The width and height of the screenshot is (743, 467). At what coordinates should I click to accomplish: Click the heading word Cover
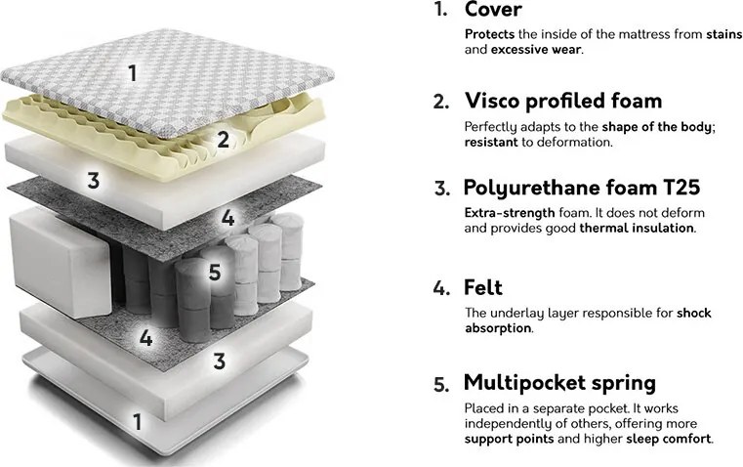pyautogui.click(x=493, y=10)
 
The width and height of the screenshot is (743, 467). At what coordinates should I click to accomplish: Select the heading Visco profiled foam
pyautogui.click(x=563, y=101)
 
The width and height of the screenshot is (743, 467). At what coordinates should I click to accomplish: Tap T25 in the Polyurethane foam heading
pyautogui.click(x=681, y=188)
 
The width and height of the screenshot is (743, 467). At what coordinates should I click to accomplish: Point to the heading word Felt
pyautogui.click(x=483, y=287)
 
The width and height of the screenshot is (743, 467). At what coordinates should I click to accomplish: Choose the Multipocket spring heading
pyautogui.click(x=559, y=384)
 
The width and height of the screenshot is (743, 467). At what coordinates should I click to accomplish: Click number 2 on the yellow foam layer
pyautogui.click(x=224, y=140)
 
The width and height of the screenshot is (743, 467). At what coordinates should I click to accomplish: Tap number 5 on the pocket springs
pyautogui.click(x=215, y=273)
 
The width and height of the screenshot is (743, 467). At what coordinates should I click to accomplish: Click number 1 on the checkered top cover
pyautogui.click(x=133, y=73)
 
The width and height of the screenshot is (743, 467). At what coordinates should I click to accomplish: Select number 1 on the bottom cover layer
pyautogui.click(x=137, y=422)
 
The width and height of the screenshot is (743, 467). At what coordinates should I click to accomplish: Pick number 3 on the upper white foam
pyautogui.click(x=94, y=181)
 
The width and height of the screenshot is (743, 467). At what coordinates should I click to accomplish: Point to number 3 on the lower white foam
pyautogui.click(x=219, y=361)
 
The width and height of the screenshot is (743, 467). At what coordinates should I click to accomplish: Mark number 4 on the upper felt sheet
pyautogui.click(x=227, y=218)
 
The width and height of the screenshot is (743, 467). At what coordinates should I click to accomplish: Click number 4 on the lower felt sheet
pyautogui.click(x=145, y=338)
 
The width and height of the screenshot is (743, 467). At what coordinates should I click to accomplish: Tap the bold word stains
pyautogui.click(x=724, y=34)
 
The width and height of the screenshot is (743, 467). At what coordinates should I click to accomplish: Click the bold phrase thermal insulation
pyautogui.click(x=637, y=228)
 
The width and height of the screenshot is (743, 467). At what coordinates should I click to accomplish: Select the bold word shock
pyautogui.click(x=694, y=313)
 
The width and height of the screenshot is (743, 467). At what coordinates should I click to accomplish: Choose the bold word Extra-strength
pyautogui.click(x=510, y=212)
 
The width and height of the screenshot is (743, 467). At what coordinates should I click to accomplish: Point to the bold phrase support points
pyautogui.click(x=509, y=439)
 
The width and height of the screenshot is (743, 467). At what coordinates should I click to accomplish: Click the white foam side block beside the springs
pyautogui.click(x=61, y=263)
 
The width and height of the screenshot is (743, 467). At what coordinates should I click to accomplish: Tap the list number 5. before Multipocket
pyautogui.click(x=440, y=385)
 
